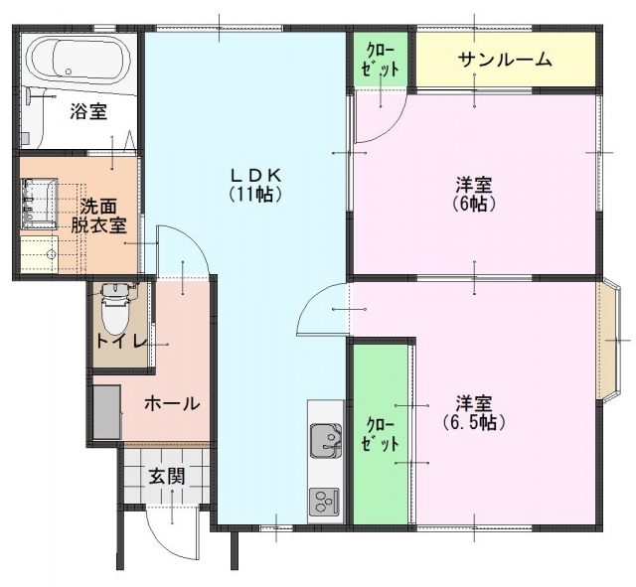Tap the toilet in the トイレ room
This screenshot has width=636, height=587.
114,310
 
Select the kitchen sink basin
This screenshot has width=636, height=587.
325,440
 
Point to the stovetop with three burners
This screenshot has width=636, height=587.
324,502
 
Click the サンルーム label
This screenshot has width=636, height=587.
505,60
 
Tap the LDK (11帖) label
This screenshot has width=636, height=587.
255,185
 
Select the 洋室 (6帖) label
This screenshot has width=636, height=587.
474,195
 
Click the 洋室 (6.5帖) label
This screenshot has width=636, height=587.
474,412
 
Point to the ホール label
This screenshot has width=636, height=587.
172,403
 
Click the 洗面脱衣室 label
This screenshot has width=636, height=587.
98,216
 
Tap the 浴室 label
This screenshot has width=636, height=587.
88,111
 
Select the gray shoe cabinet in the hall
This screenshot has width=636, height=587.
107,412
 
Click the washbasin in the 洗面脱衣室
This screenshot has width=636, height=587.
40,203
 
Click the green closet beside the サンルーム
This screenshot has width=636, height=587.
381,60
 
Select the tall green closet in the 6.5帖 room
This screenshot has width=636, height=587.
381,434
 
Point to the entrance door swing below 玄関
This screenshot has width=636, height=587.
172,535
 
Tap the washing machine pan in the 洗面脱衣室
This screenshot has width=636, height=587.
40,254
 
